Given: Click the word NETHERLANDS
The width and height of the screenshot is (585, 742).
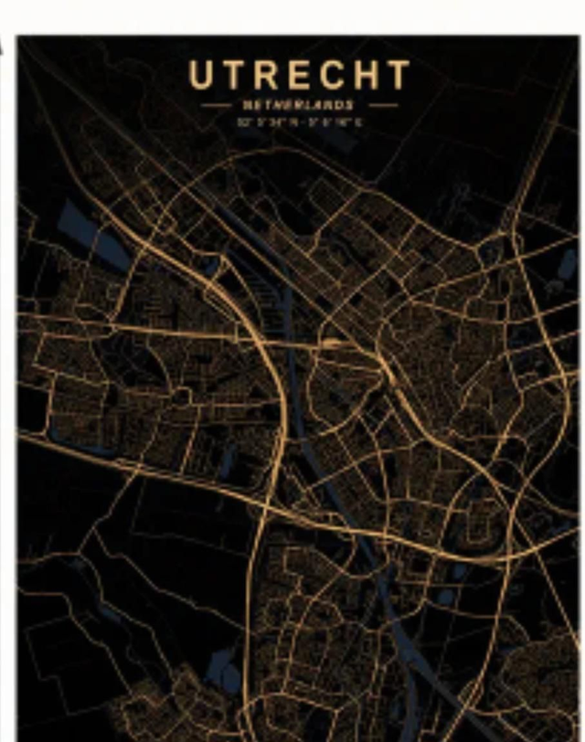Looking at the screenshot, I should tap(299, 105).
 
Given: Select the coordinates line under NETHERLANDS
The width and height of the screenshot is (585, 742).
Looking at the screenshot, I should tap(299, 120).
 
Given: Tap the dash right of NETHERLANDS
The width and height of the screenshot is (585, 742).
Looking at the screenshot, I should tap(383, 105).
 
